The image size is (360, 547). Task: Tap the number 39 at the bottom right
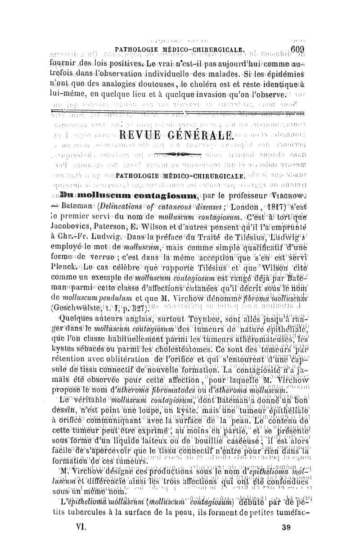pos(284,526)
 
